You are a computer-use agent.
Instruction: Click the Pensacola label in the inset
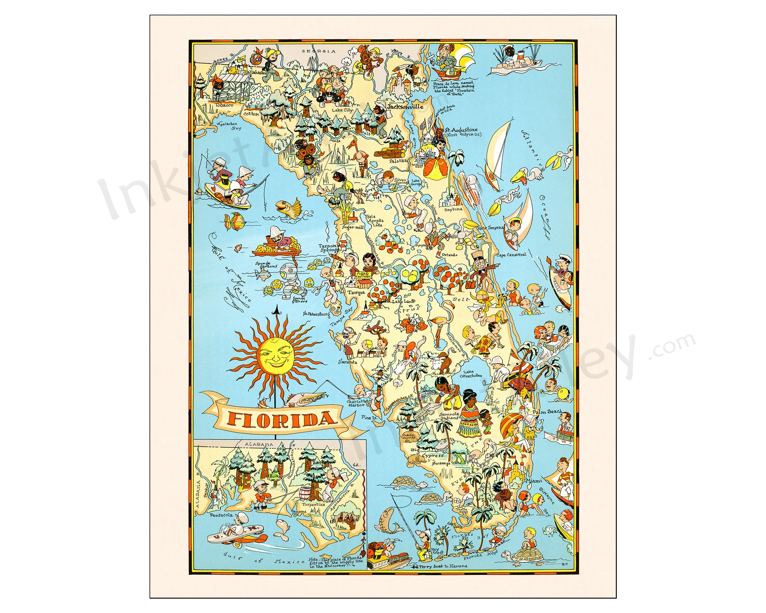221,515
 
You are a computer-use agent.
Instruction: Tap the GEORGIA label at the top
318,51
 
